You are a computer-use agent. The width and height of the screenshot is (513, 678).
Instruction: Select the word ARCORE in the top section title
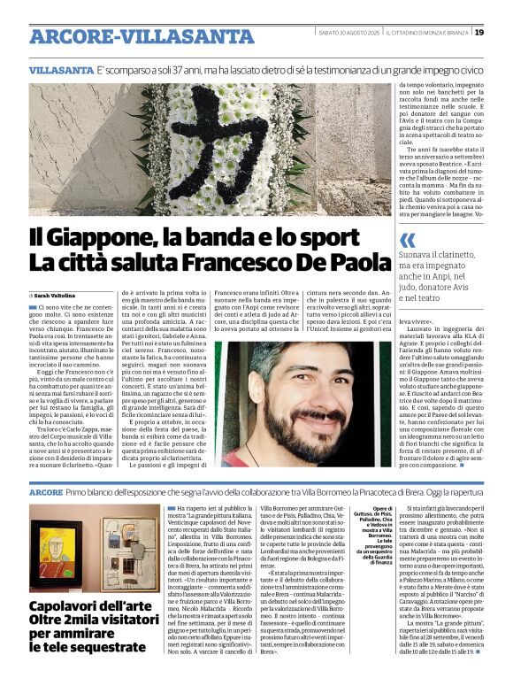(61, 37)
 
